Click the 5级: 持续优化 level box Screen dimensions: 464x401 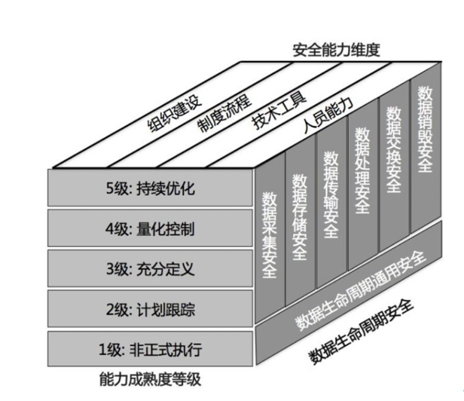click(x=151, y=187)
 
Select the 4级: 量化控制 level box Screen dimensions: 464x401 click(x=151, y=228)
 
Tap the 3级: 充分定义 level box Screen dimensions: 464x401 click(x=151, y=268)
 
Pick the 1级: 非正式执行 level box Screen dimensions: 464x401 click(x=151, y=349)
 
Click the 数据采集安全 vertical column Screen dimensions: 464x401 click(x=269, y=234)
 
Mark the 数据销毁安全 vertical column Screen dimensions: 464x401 click(x=423, y=132)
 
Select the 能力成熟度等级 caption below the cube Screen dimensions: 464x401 click(x=150, y=378)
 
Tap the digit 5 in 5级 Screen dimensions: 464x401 click(x=110, y=188)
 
